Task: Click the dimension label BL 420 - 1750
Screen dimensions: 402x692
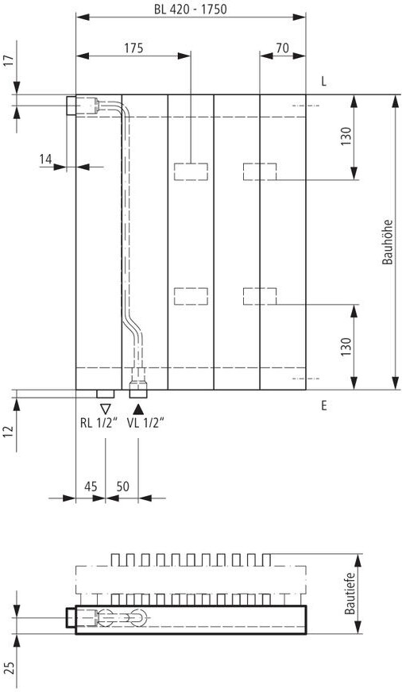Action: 191,9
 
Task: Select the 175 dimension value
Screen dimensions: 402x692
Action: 133,48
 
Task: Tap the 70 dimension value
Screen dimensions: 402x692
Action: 282,48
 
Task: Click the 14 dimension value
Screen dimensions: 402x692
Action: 46,160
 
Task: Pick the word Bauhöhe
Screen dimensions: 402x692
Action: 388,242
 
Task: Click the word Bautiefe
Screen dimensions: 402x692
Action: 350,593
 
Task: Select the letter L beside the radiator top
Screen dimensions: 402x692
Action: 324,82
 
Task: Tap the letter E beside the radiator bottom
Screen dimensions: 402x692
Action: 324,406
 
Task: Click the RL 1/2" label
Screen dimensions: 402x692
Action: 99,423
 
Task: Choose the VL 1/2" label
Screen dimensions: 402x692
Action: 145,423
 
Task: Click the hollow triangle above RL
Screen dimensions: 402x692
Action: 106,409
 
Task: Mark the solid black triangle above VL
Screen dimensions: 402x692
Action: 138,409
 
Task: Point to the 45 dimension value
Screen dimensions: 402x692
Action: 91,486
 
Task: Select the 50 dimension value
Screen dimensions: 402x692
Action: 123,486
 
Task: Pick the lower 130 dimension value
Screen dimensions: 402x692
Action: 346,347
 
